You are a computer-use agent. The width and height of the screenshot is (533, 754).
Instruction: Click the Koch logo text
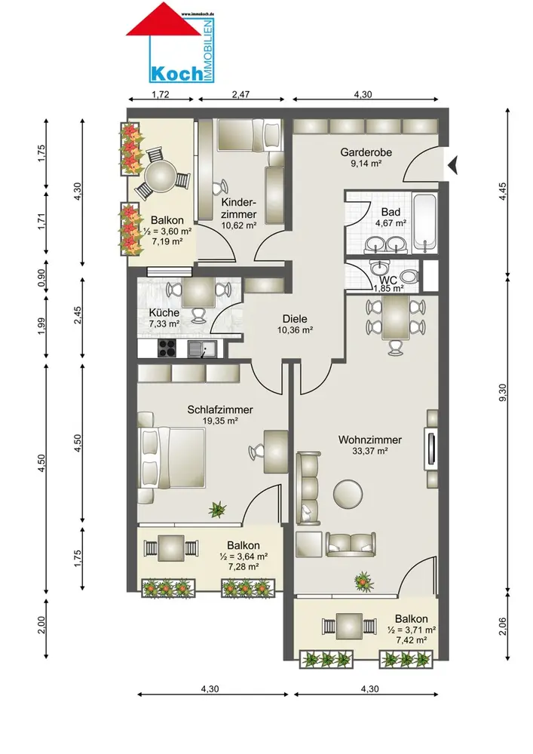click(x=176, y=73)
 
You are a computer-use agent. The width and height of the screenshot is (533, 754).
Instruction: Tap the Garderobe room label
click(x=366, y=152)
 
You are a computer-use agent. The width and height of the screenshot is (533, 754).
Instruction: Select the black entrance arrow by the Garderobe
click(x=452, y=165)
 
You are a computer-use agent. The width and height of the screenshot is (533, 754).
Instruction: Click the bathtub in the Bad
click(x=425, y=222)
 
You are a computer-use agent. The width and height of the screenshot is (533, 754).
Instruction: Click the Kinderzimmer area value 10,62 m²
click(x=238, y=225)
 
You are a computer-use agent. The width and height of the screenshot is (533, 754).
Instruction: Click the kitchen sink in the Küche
click(x=202, y=348)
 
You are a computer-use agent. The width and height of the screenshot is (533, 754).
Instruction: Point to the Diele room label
click(x=295, y=319)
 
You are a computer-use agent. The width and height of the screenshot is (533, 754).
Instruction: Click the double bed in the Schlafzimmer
click(x=172, y=458)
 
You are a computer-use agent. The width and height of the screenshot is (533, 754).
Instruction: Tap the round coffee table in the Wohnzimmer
click(x=348, y=494)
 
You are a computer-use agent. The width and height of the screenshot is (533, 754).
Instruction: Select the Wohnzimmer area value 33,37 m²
click(x=370, y=451)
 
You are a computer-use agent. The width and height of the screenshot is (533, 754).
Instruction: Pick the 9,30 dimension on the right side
click(x=503, y=392)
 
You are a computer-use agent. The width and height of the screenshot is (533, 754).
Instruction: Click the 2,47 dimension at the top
click(x=240, y=94)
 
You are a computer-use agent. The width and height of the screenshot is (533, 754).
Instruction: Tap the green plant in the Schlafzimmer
click(x=217, y=509)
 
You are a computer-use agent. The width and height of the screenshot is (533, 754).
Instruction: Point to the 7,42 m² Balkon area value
click(x=412, y=640)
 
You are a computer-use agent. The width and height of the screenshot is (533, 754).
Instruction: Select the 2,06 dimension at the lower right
click(x=503, y=626)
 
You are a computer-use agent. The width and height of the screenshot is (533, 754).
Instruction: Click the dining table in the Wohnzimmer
click(x=396, y=318)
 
